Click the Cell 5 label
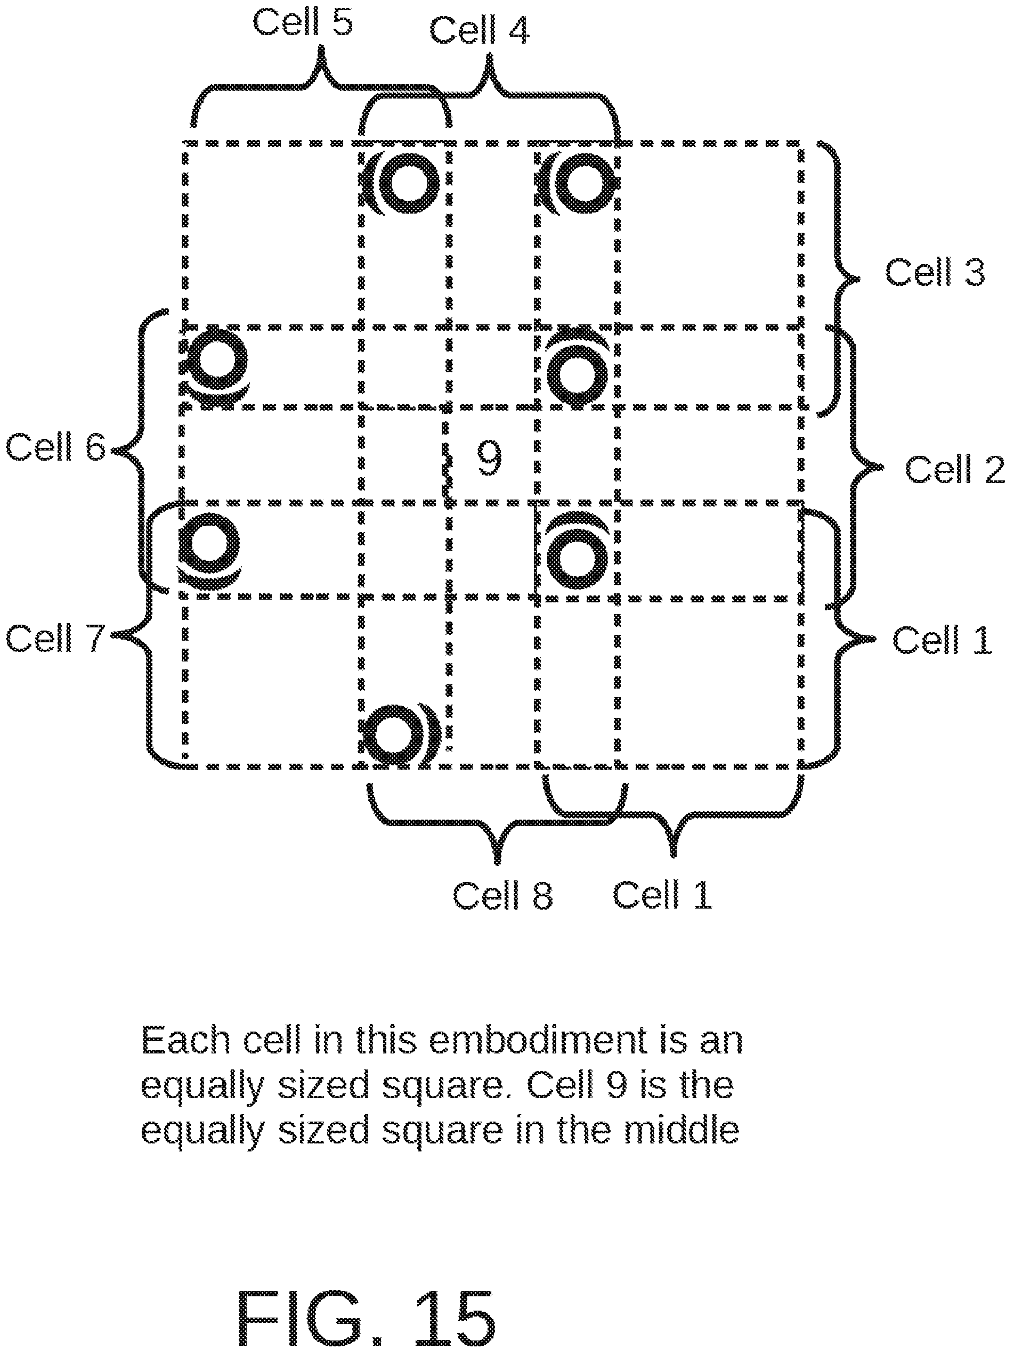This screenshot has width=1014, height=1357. click(303, 23)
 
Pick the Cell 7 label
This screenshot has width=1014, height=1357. click(55, 638)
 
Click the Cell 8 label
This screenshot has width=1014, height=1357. click(502, 895)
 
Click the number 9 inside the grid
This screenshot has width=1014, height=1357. click(489, 459)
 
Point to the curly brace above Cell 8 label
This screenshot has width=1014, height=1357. click(497, 822)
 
